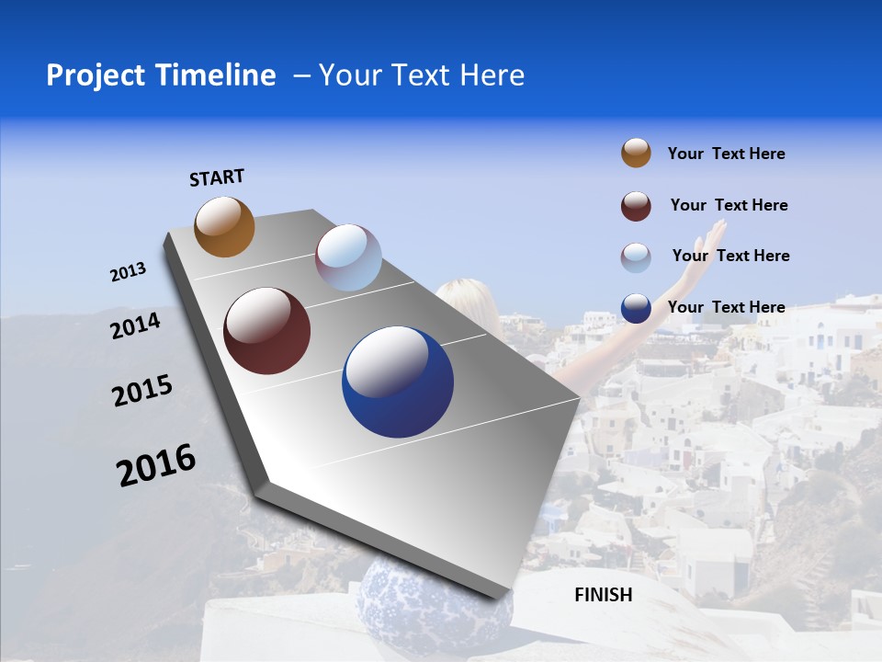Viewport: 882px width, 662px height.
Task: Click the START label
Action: (217, 177)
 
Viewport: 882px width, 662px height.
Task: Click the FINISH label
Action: (604, 595)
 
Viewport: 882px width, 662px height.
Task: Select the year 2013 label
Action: (128, 272)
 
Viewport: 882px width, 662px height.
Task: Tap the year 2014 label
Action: (135, 325)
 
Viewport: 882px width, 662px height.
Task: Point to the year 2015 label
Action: (142, 391)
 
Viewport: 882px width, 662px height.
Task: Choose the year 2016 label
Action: (156, 464)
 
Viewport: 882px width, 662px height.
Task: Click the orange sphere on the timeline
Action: (224, 226)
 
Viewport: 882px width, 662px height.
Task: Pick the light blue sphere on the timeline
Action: (348, 257)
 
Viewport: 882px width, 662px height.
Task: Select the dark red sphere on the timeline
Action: (266, 331)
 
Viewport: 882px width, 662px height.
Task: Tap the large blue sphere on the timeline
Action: (398, 382)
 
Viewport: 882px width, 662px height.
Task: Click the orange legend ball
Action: (636, 153)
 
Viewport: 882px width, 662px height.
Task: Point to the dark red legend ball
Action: (636, 206)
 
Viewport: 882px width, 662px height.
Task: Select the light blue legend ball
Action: (636, 257)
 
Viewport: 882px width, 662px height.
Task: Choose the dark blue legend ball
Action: (636, 308)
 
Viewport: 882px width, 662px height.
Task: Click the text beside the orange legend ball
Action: (726, 154)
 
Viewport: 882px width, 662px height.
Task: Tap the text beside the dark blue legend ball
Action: (726, 307)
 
